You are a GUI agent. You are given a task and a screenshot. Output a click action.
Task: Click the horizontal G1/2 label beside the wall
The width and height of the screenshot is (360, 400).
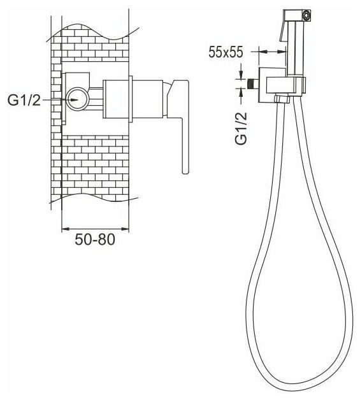click(x=24, y=100)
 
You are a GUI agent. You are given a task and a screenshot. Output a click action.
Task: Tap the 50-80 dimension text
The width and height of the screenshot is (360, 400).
click(x=95, y=239)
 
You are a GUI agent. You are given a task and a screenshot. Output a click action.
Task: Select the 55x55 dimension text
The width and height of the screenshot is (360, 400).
click(x=226, y=52)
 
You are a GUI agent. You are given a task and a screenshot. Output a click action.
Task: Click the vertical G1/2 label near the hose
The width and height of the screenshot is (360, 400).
click(x=241, y=129)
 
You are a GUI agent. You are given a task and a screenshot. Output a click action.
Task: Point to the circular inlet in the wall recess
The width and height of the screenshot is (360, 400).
click(x=78, y=99)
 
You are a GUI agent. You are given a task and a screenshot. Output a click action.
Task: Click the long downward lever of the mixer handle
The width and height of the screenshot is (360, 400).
click(x=185, y=146)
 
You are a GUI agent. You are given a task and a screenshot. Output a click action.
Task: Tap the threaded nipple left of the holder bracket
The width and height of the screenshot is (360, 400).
click(x=253, y=83)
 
